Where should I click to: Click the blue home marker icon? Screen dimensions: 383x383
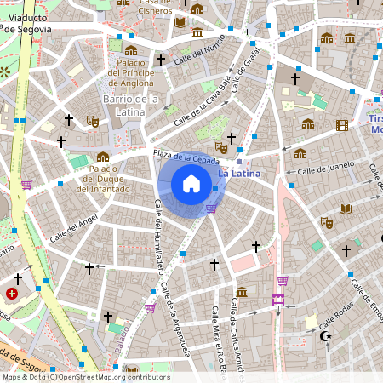(191, 184)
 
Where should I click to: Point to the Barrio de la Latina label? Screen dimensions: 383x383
(132, 106)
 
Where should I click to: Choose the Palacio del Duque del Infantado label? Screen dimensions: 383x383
(102, 179)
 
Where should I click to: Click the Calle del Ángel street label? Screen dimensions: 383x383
(73, 228)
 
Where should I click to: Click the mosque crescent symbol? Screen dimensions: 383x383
(324, 337)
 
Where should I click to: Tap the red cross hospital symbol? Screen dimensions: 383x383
(12, 294)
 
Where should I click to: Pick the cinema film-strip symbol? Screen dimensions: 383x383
(342, 125)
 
